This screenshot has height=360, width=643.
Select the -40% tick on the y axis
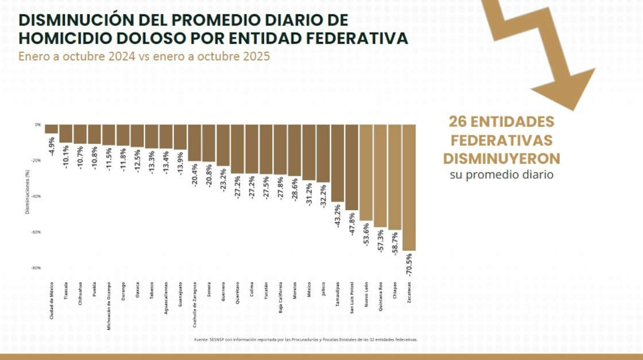click(x=37, y=196)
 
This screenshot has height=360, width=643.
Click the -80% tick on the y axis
click(x=37, y=268)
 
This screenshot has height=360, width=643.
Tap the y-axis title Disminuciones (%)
click(x=27, y=192)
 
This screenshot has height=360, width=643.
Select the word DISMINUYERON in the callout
click(x=501, y=158)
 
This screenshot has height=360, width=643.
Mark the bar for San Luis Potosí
click(x=352, y=167)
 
